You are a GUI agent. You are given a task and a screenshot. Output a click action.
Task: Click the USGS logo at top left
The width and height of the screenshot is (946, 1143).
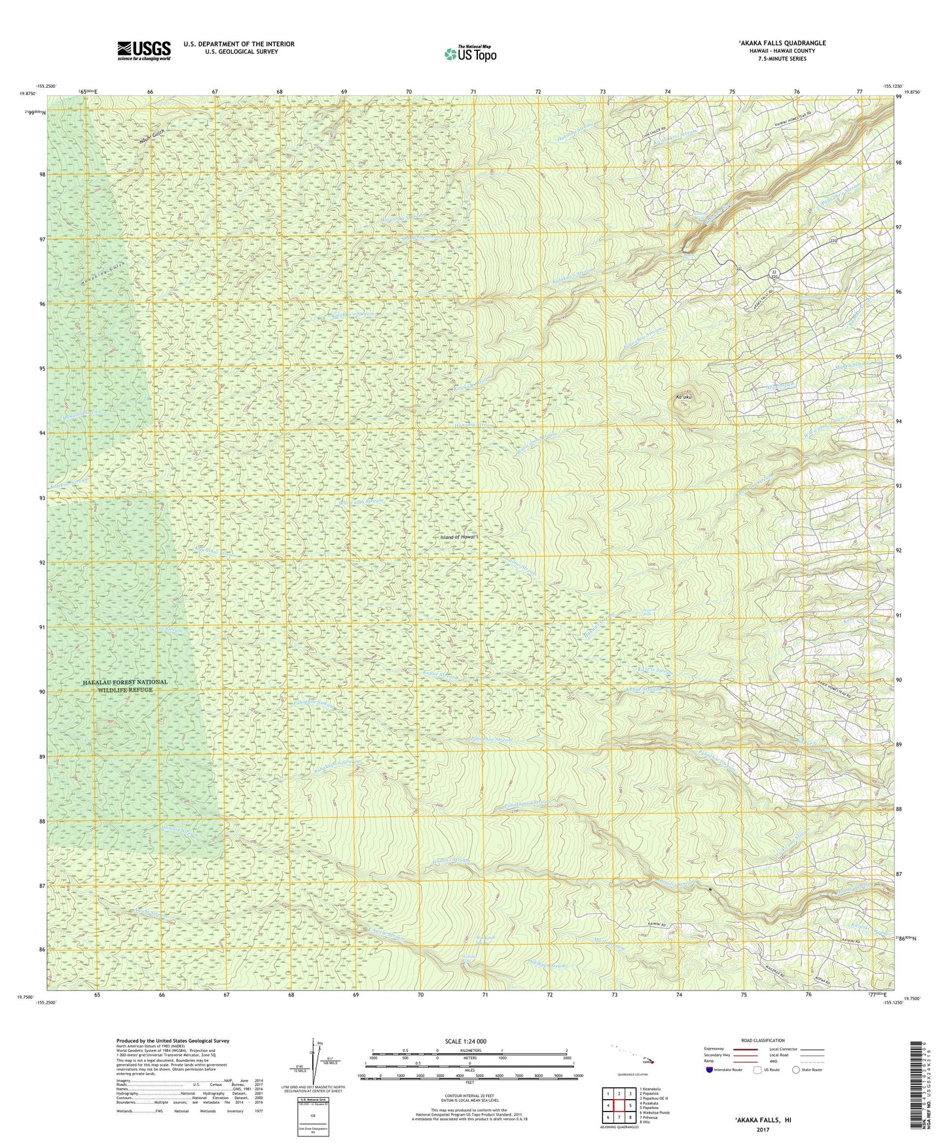pos(144,50)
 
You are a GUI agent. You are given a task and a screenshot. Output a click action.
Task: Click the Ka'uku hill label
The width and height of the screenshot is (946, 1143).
pos(683,396)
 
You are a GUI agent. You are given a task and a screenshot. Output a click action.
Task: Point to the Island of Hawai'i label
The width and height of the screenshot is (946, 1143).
pos(460,537)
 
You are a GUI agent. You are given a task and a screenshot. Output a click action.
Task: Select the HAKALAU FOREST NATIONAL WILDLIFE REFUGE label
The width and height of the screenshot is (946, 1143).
pos(124,685)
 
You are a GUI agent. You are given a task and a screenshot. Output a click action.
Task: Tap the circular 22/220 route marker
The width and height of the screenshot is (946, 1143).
pos(774,274)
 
